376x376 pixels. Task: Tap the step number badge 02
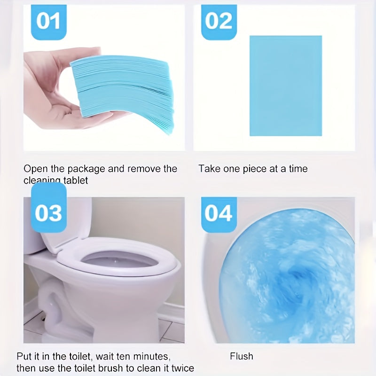click(x=219, y=22)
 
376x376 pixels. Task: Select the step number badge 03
click(x=48, y=212)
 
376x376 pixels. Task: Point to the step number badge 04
click(x=219, y=213)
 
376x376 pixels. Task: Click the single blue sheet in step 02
click(x=285, y=86)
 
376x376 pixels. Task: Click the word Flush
click(x=241, y=356)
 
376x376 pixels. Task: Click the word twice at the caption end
click(x=181, y=368)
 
